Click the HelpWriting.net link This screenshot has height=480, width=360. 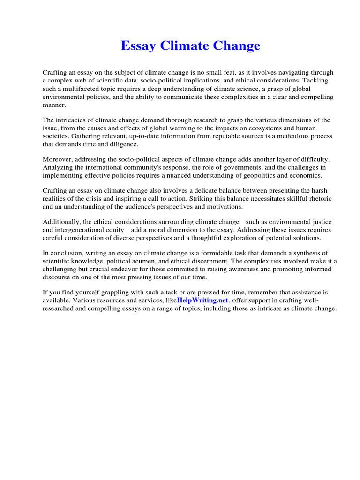pyautogui.click(x=202, y=300)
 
